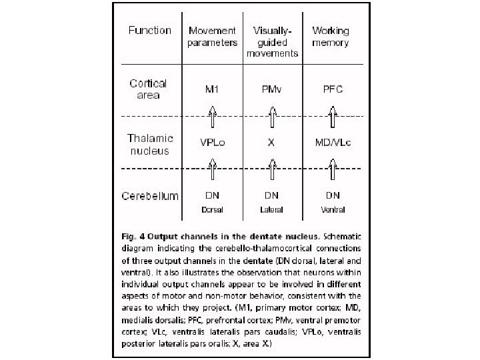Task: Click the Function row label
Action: point(149,30)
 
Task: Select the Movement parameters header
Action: point(213,37)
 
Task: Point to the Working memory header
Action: point(331,37)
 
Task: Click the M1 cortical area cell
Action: point(213,89)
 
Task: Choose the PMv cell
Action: point(271,89)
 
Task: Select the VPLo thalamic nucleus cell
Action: point(213,143)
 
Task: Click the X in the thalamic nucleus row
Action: point(271,143)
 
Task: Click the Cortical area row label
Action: point(148,89)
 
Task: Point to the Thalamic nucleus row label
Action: point(150,144)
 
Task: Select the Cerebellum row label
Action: point(150,196)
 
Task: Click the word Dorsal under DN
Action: point(213,209)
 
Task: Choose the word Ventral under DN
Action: point(331,209)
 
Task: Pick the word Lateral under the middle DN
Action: point(271,209)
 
